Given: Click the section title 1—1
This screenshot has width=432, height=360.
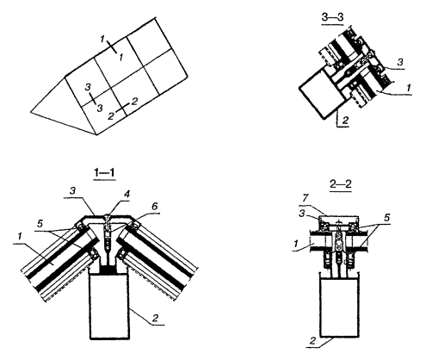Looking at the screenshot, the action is point(104,172).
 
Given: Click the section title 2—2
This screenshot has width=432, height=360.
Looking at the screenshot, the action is point(341,184).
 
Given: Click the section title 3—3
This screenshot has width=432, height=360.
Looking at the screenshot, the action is point(333,17).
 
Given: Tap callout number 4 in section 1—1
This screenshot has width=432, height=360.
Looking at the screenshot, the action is point(127,195).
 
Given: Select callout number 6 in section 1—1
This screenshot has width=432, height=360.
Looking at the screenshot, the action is point(154,207).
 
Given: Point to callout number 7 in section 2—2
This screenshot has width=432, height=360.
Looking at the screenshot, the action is point(305,198).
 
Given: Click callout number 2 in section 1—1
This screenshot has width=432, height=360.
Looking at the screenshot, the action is point(155,318).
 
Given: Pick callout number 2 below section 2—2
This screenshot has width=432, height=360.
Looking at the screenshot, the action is point(312,341).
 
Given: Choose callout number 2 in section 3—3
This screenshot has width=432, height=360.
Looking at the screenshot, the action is point(345,121).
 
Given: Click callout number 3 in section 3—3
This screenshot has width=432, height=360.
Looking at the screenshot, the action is point(400,62).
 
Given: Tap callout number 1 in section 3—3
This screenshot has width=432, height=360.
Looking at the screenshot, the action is point(409,87).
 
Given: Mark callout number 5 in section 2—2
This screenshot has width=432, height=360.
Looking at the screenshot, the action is point(387,218).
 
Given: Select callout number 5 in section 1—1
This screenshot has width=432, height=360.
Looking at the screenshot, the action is point(40,223).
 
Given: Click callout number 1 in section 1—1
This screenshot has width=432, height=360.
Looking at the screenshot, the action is point(20,237).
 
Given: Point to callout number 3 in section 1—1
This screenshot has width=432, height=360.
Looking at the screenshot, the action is point(72,191).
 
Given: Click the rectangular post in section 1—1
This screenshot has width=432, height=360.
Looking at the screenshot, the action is point(109,306).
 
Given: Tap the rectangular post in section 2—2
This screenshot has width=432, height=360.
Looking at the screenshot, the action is point(340,308).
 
